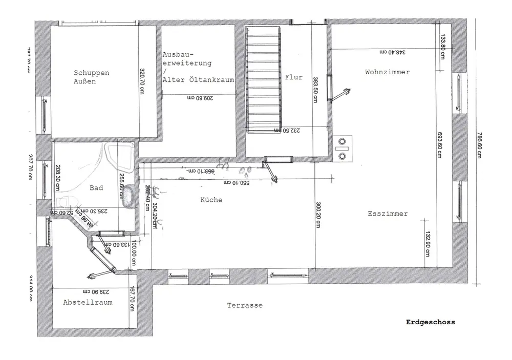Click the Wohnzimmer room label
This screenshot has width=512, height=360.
(387, 72)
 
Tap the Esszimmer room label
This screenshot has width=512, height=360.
(388, 214)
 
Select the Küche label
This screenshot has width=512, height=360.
(211, 200)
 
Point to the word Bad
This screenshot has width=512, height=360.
(96, 188)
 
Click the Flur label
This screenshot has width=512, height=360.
(293, 77)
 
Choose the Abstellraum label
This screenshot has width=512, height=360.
(88, 302)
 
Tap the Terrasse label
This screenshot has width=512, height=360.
(245, 305)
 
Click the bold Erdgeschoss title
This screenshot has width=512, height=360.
(430, 322)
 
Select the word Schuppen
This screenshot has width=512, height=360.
(91, 73)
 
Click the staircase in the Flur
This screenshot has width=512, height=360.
(264, 79)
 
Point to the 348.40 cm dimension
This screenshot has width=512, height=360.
(392, 52)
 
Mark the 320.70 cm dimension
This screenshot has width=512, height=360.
(142, 81)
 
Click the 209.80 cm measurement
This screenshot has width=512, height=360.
(199, 97)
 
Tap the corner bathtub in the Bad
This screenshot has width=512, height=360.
(119, 158)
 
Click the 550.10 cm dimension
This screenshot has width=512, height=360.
(236, 182)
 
